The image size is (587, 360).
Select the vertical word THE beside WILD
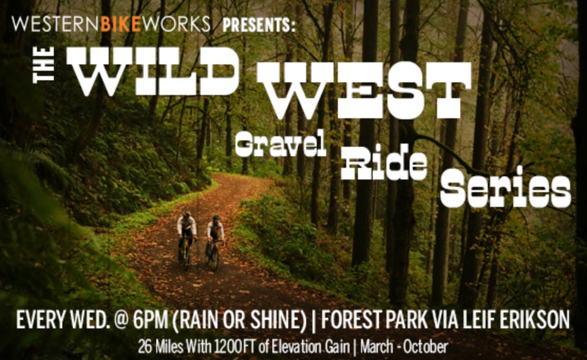pos(44,64)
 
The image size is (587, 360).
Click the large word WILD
pos(153,71)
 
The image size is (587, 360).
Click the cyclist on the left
pos(186,240)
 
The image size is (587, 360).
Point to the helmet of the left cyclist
pos(187,214)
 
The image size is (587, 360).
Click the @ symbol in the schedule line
pos(120,320)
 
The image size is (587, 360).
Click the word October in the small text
pos(425,347)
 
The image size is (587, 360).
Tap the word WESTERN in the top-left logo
pos(56,24)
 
